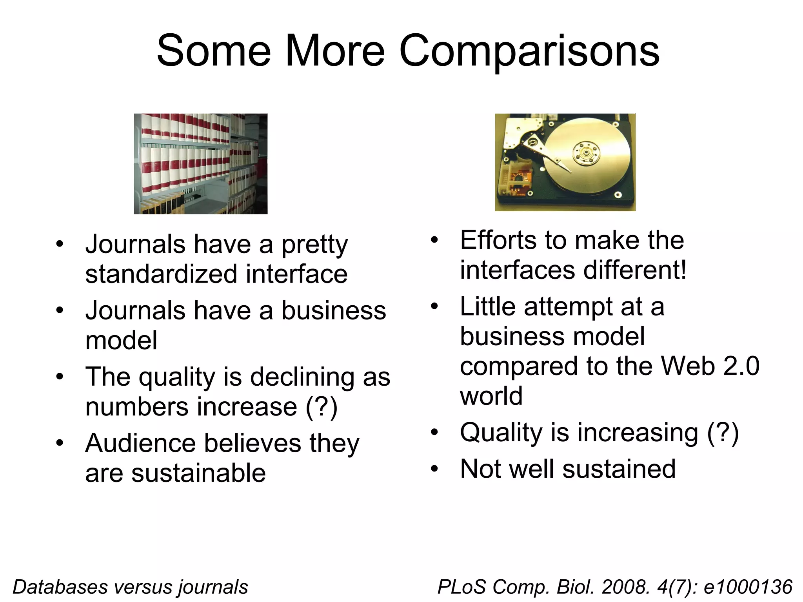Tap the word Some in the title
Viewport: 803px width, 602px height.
click(214, 51)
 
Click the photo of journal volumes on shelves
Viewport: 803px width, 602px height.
click(200, 164)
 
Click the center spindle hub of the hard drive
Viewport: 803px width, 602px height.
click(587, 152)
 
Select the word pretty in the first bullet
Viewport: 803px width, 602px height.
click(314, 245)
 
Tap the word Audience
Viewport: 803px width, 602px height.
click(140, 443)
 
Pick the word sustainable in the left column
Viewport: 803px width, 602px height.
click(198, 473)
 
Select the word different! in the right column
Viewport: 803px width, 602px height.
click(635, 270)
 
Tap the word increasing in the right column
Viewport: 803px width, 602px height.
click(638, 433)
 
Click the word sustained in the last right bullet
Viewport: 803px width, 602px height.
click(619, 469)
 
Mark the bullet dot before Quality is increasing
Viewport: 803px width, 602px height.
click(434, 433)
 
